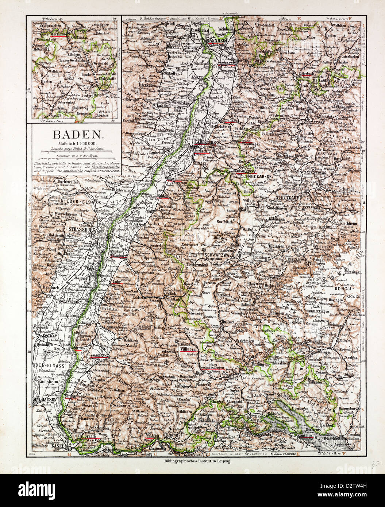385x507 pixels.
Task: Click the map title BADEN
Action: (x=74, y=134)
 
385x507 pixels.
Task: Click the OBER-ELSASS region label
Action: (x=49, y=365)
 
